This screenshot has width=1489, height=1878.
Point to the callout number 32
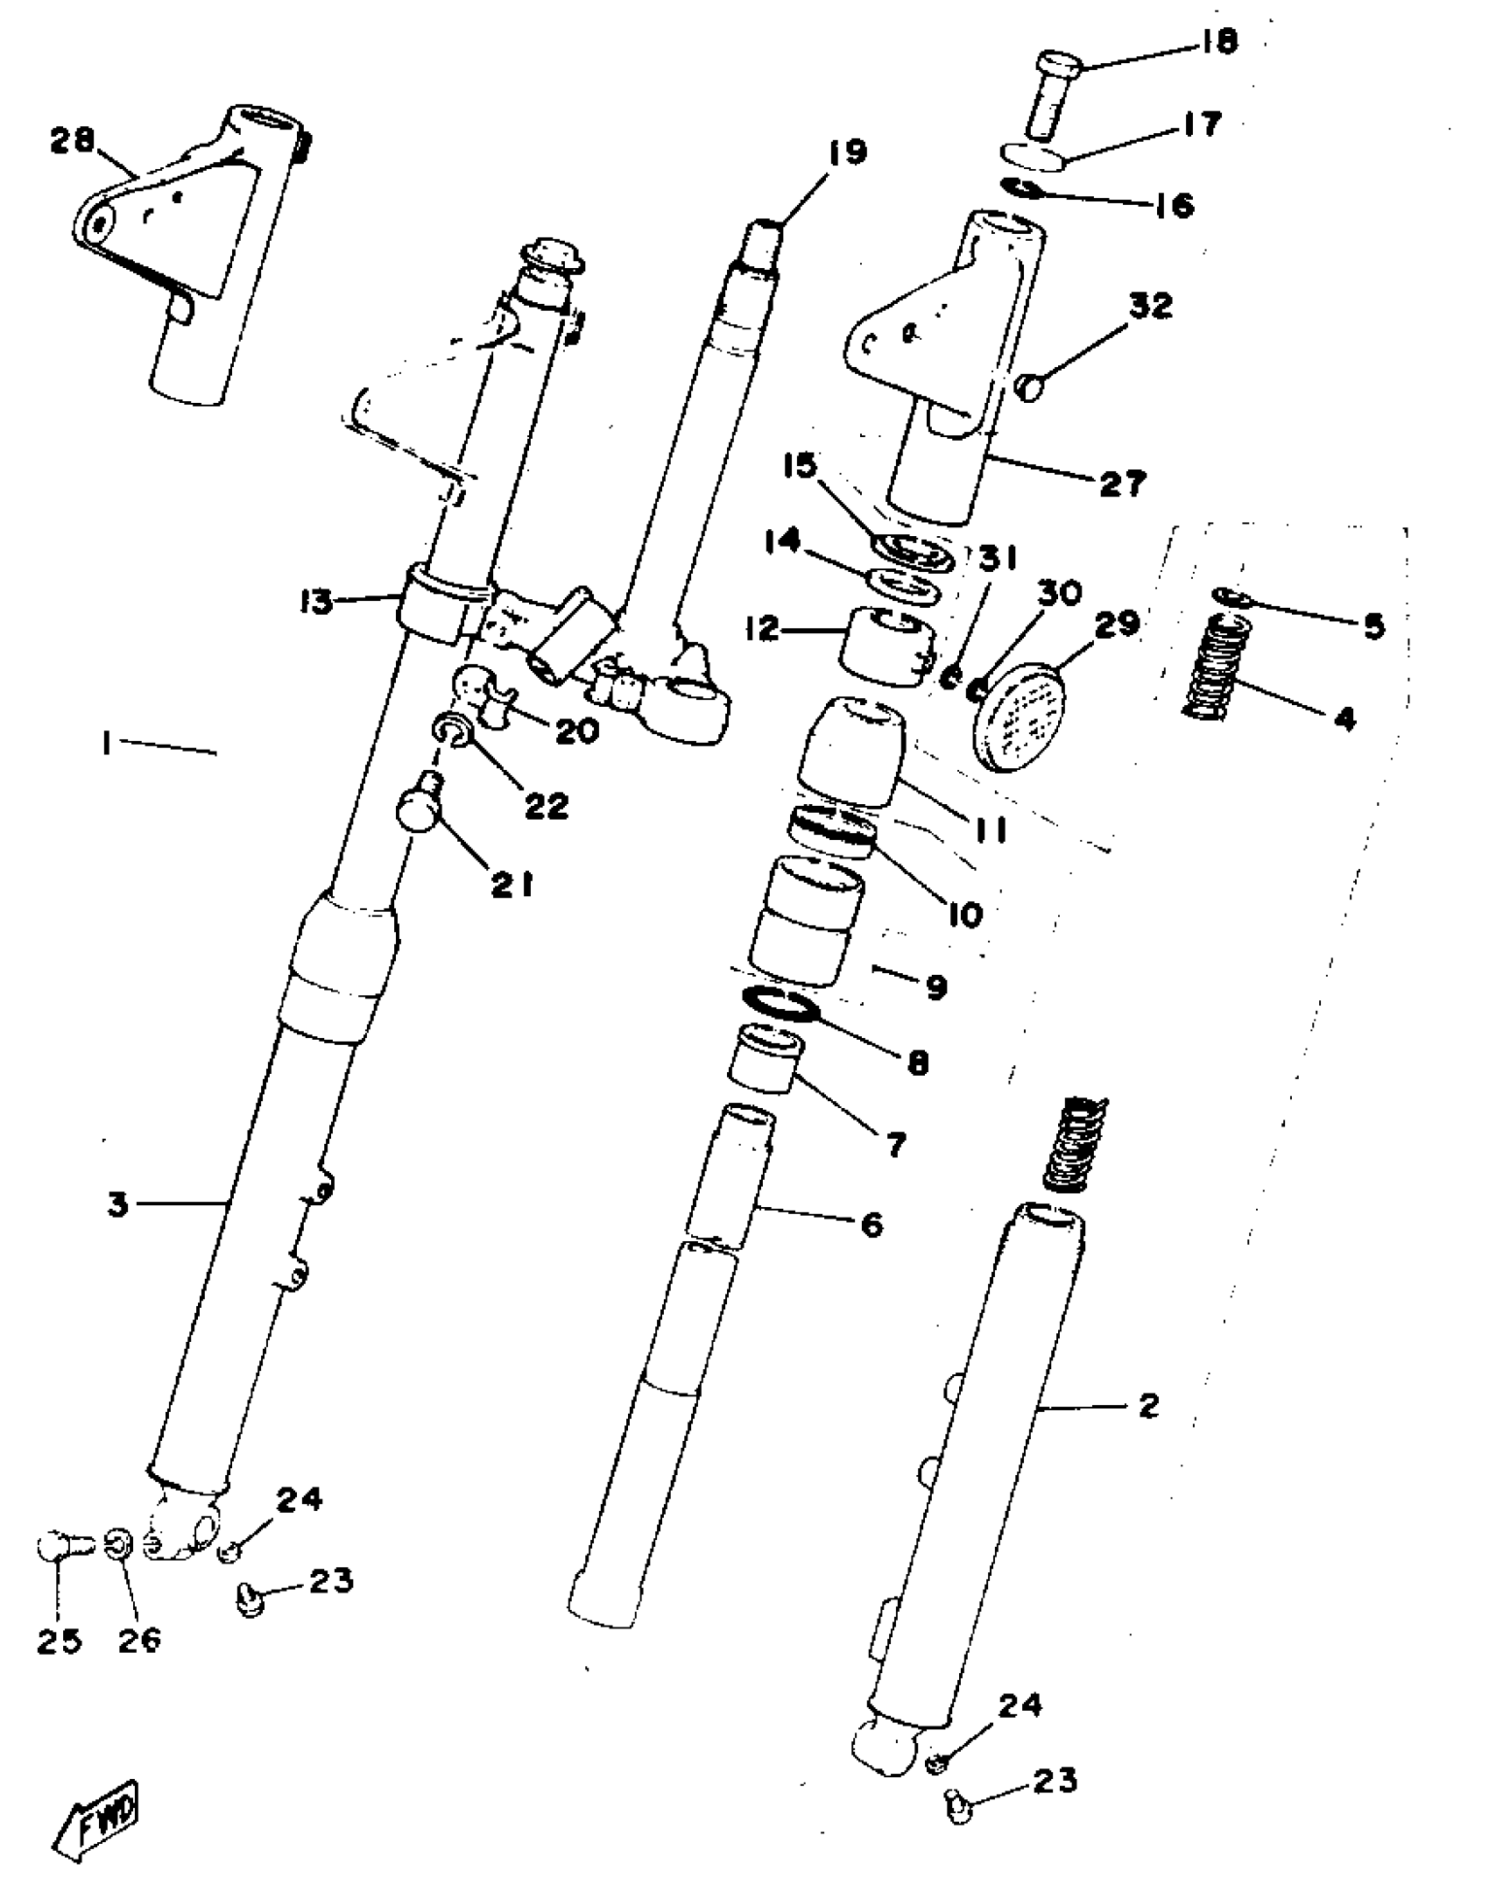pos(1150,307)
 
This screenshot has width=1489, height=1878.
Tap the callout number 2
pos(1148,1406)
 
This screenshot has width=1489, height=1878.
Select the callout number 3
pos(117,1204)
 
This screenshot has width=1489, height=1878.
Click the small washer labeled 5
pos(1231,597)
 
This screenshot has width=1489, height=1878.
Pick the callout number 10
pos(964,914)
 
